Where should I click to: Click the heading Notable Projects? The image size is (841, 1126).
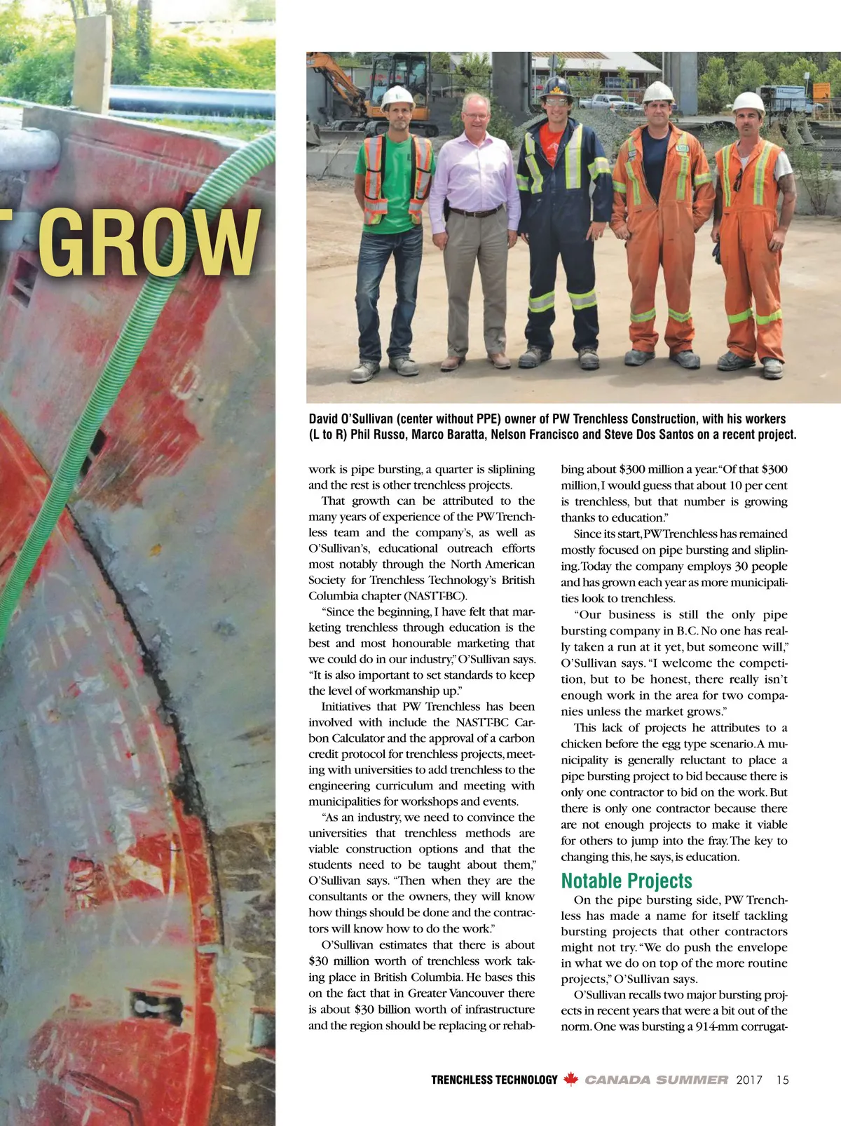(x=627, y=881)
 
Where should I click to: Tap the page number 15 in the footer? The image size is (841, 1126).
(x=782, y=1080)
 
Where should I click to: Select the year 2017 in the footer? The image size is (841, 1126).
(x=749, y=1080)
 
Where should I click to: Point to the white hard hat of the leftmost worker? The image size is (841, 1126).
(x=397, y=97)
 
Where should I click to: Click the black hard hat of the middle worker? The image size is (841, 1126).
(x=556, y=88)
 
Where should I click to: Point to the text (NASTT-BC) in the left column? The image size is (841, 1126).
(x=425, y=596)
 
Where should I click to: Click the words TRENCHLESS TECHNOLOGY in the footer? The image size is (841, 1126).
(x=494, y=1080)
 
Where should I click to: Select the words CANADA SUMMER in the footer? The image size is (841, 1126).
(x=657, y=1080)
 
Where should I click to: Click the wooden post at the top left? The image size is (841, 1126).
(x=93, y=63)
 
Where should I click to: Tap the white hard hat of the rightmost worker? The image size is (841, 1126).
(x=748, y=103)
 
